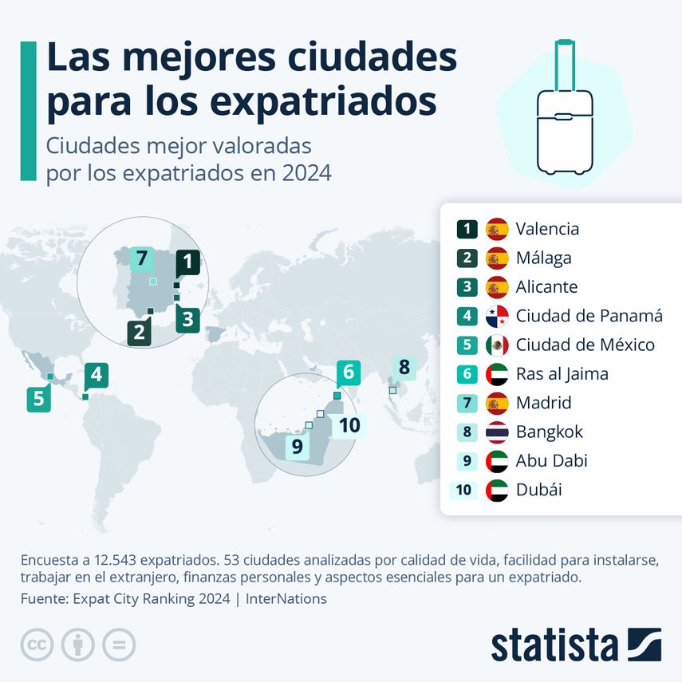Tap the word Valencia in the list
(x=547, y=230)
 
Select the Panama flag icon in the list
(x=497, y=317)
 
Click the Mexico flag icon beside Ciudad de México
(x=497, y=345)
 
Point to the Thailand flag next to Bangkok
(x=497, y=432)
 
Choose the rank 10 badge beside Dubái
(x=463, y=491)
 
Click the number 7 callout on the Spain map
(x=142, y=258)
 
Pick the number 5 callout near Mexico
(x=38, y=397)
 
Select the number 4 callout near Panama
(x=97, y=374)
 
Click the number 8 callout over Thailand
(x=404, y=368)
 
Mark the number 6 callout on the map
(x=349, y=372)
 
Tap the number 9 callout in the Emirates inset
(x=298, y=447)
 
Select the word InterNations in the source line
(x=286, y=598)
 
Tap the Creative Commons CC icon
(x=37, y=645)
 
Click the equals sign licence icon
(x=119, y=645)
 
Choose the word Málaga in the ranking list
(x=543, y=258)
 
